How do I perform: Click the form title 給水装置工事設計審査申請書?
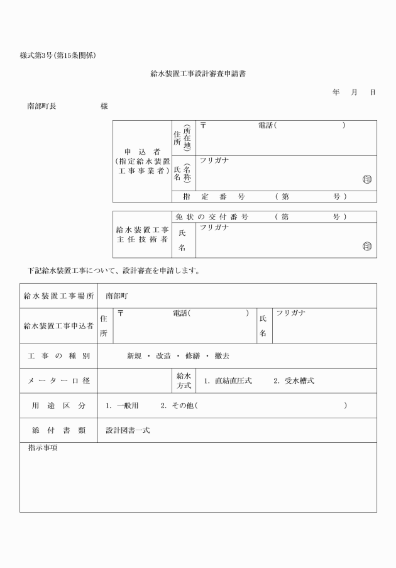tap(198, 74)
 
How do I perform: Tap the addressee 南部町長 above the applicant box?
tap(41, 106)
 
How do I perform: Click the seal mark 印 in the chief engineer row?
tap(367, 247)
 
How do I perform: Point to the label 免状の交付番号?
tap(211, 217)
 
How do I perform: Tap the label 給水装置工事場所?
tap(58, 296)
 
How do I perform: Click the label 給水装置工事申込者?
tap(58, 325)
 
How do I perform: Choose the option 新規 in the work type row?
tap(135, 356)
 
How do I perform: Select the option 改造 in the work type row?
tap(165, 356)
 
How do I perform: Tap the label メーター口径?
tap(58, 381)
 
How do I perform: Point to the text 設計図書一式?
tap(128, 431)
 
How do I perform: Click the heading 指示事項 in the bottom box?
tap(42, 448)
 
